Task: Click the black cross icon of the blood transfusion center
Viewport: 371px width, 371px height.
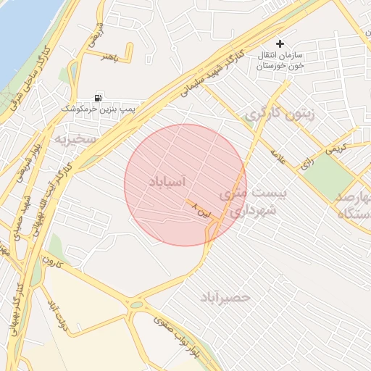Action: point(280,43)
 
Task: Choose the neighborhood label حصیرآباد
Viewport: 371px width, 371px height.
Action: point(227,297)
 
